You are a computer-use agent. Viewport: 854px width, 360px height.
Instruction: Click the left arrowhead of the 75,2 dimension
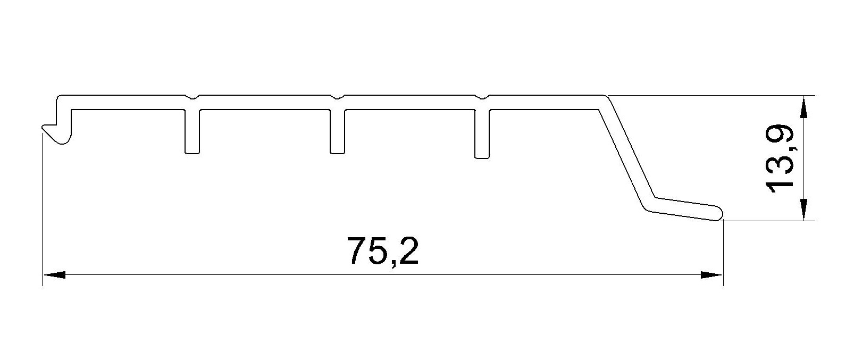[54, 275]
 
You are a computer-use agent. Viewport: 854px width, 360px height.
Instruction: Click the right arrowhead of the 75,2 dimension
[712, 275]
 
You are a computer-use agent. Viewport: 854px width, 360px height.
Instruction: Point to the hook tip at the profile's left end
[45, 128]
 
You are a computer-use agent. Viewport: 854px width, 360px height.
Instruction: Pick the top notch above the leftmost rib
[192, 97]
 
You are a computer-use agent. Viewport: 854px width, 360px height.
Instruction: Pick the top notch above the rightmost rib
[482, 97]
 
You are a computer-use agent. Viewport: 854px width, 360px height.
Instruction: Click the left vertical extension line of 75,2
[42, 213]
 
